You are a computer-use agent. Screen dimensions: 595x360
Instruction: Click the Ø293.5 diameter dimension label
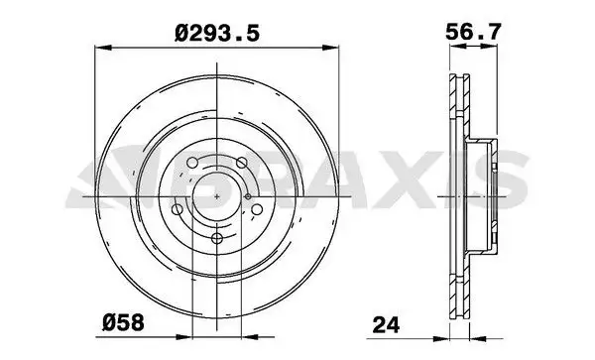[x=217, y=33]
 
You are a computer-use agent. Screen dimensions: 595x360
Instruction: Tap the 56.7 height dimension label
[x=473, y=32]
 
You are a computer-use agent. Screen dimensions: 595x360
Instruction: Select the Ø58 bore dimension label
[x=123, y=323]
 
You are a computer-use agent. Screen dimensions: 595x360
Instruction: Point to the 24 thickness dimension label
[x=386, y=324]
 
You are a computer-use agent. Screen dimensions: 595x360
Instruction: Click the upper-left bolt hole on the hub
[x=192, y=163]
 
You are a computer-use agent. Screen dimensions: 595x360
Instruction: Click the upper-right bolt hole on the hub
[x=242, y=163]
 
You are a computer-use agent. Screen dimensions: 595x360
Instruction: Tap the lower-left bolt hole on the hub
[x=178, y=209]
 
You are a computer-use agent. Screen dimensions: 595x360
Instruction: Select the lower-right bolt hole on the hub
[x=257, y=209]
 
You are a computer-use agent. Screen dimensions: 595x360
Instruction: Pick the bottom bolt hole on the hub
[x=216, y=239]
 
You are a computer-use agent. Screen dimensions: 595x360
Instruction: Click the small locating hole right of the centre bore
[x=247, y=196]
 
